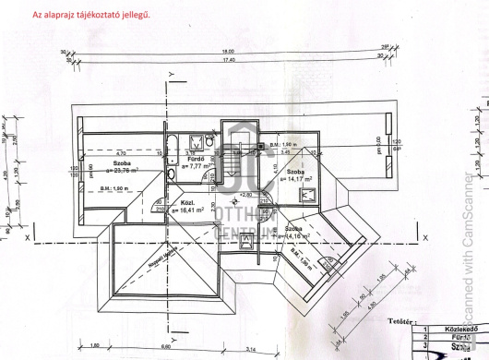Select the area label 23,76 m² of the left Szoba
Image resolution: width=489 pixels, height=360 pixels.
point(121,170)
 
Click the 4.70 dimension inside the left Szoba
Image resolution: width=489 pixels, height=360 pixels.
point(121,154)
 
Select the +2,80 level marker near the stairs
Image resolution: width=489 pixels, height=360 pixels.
point(244,195)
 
